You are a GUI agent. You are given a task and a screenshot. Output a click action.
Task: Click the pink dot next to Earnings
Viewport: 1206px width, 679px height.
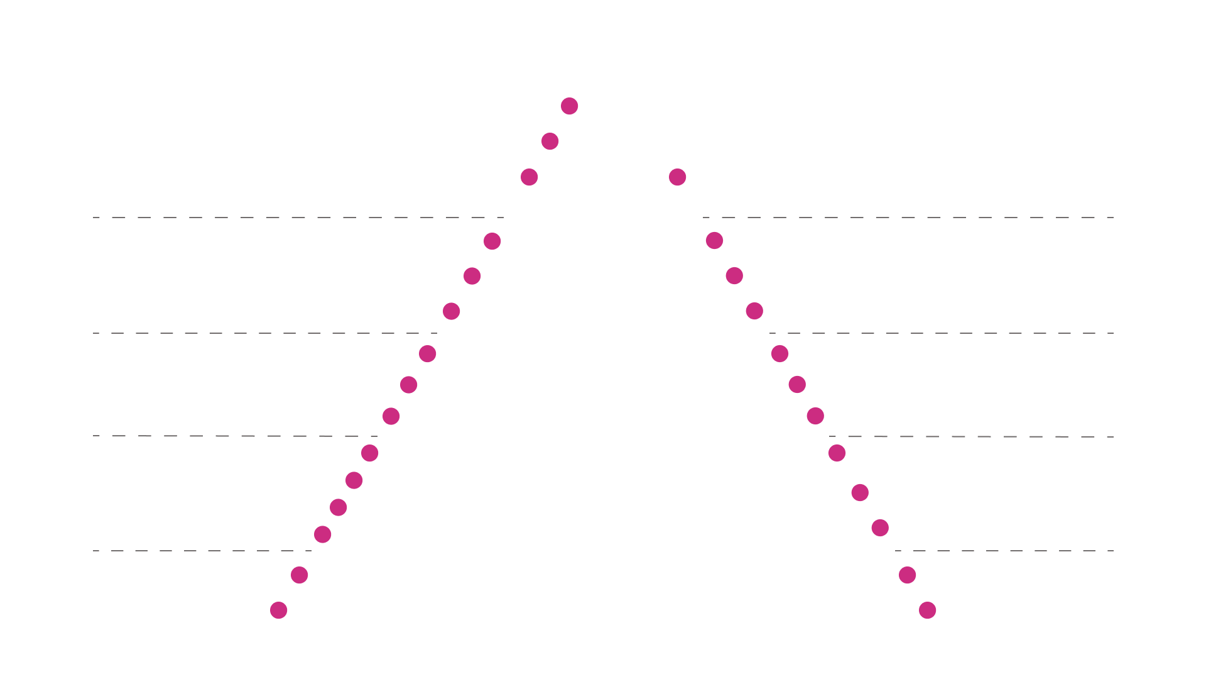570,106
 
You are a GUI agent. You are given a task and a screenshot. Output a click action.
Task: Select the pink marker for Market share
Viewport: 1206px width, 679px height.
530,177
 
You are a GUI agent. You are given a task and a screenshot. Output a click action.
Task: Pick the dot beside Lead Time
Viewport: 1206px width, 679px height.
492,241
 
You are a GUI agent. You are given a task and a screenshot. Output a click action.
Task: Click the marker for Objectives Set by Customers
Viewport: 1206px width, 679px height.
754,311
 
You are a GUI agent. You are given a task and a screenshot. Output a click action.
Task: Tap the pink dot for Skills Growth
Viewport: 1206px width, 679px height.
780,353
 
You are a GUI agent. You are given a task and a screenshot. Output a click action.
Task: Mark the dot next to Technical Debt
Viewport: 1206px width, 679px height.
339,507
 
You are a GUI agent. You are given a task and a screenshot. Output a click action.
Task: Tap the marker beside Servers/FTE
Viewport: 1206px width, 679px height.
928,610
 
